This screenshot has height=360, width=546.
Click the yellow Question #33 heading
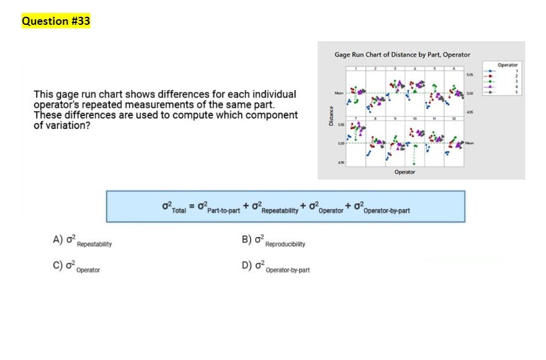(56, 21)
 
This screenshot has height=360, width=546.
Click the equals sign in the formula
(192, 205)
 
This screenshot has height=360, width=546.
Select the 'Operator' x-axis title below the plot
(405, 172)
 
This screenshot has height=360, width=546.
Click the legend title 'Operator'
(507, 65)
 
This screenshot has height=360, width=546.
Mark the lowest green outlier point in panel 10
(414, 164)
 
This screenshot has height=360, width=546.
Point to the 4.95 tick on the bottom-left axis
(341, 162)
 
